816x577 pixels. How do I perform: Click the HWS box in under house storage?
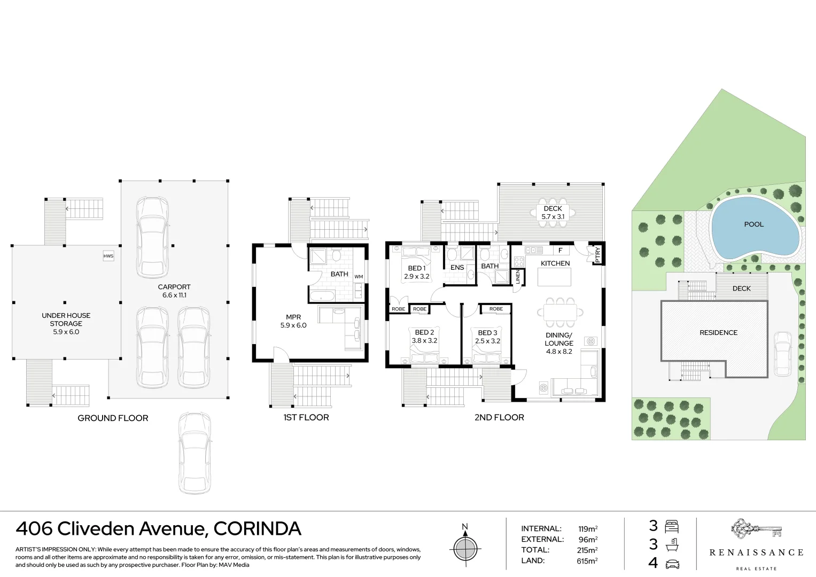click(108, 256)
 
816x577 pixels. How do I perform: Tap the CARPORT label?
click(174, 287)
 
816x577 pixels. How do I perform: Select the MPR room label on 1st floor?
click(293, 317)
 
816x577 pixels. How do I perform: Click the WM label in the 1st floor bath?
click(359, 277)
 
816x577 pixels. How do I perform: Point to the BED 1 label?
click(416, 268)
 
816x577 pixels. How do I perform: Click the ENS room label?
click(457, 268)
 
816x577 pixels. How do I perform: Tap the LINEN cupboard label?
click(518, 277)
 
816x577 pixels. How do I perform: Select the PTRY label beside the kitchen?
click(598, 254)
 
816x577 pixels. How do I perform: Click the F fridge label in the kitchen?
click(560, 250)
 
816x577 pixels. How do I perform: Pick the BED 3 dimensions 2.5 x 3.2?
click(487, 341)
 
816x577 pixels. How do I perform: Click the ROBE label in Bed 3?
click(496, 309)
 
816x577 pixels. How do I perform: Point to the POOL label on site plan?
click(754, 224)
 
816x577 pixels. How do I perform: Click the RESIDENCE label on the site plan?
click(718, 333)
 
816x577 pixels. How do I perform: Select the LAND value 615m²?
click(587, 561)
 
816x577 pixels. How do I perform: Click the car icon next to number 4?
click(672, 563)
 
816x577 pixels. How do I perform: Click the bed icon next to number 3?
click(672, 527)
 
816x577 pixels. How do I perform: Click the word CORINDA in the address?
click(257, 529)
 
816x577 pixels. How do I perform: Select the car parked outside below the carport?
click(195, 453)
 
